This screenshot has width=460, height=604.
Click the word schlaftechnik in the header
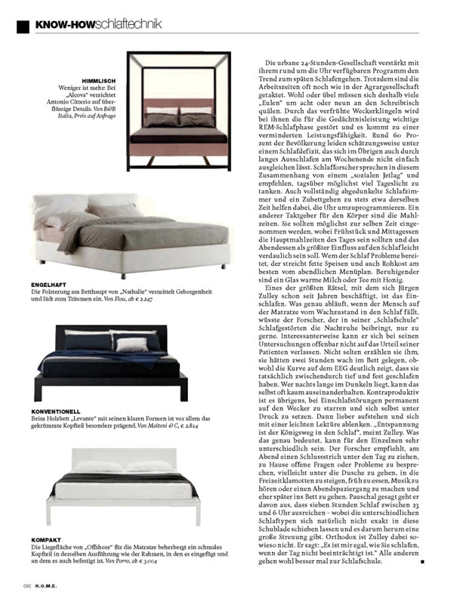point(128,24)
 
